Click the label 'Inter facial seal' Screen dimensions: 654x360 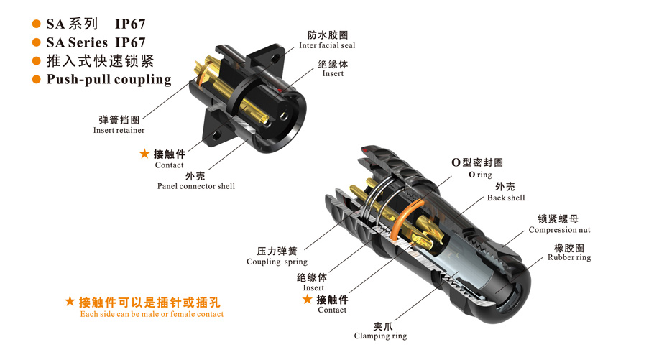click(327, 45)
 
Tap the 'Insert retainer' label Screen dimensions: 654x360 click(119, 130)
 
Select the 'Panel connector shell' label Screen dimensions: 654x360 click(196, 186)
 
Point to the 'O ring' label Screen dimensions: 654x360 click(480, 175)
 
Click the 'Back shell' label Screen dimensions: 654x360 click(506, 198)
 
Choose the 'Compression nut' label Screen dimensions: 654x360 click(559, 230)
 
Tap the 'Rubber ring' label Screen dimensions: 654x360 click(569, 257)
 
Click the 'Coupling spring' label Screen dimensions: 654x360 click(277, 262)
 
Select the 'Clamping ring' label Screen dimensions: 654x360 click(380, 336)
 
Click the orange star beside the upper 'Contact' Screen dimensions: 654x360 click(144, 154)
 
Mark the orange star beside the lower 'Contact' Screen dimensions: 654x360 click(308, 299)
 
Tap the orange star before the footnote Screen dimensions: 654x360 click(70, 301)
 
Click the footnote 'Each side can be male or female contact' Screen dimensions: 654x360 click(152, 314)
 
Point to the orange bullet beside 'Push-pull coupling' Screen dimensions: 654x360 click(37, 79)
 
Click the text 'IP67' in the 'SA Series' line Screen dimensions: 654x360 click(130, 42)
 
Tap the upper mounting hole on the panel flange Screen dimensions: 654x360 click(274, 59)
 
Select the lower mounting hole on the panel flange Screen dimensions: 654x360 click(216, 135)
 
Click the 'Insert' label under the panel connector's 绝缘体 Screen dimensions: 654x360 click(333, 74)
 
